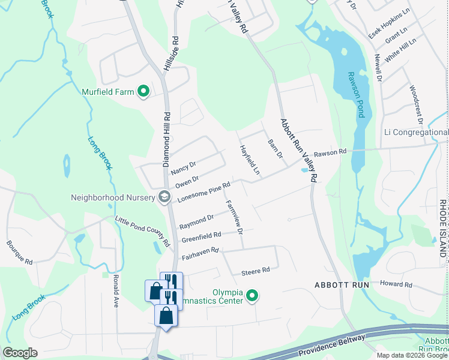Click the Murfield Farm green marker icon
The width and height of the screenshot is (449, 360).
[x=143, y=92]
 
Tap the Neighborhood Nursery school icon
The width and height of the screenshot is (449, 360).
[x=164, y=197]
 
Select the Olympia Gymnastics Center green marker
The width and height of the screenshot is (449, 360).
[x=253, y=295]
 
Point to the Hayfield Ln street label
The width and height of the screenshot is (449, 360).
[x=249, y=160]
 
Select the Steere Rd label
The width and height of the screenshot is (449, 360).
[x=256, y=271]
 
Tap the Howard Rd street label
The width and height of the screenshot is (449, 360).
[x=396, y=284]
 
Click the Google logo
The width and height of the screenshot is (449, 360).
[x=20, y=353]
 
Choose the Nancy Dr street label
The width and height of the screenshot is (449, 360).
[x=183, y=167]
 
